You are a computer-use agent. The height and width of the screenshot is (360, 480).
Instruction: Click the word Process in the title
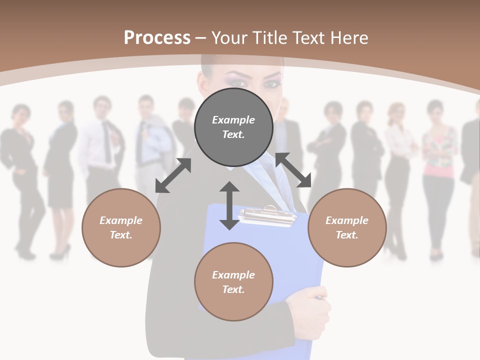coord(157,38)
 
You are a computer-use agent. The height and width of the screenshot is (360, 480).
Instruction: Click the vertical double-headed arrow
coord(229,206)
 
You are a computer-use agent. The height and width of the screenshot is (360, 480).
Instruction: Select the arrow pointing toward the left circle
coord(173,175)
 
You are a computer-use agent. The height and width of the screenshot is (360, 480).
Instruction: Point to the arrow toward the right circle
coord(293,170)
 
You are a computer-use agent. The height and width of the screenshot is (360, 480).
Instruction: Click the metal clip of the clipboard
coord(265,215)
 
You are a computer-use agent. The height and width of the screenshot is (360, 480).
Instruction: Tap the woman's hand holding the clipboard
coord(313,305)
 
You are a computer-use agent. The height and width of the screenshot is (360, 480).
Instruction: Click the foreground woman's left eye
coord(272,83)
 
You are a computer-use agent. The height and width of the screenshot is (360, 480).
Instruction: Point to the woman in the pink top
coord(439,165)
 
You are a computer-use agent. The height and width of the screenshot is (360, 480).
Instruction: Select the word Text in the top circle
coord(233,134)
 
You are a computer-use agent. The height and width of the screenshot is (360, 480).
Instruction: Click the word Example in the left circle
coord(121,220)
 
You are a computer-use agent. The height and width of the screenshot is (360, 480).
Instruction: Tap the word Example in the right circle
coord(347,220)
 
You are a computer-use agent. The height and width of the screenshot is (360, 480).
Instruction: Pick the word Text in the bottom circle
coord(233,289)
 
